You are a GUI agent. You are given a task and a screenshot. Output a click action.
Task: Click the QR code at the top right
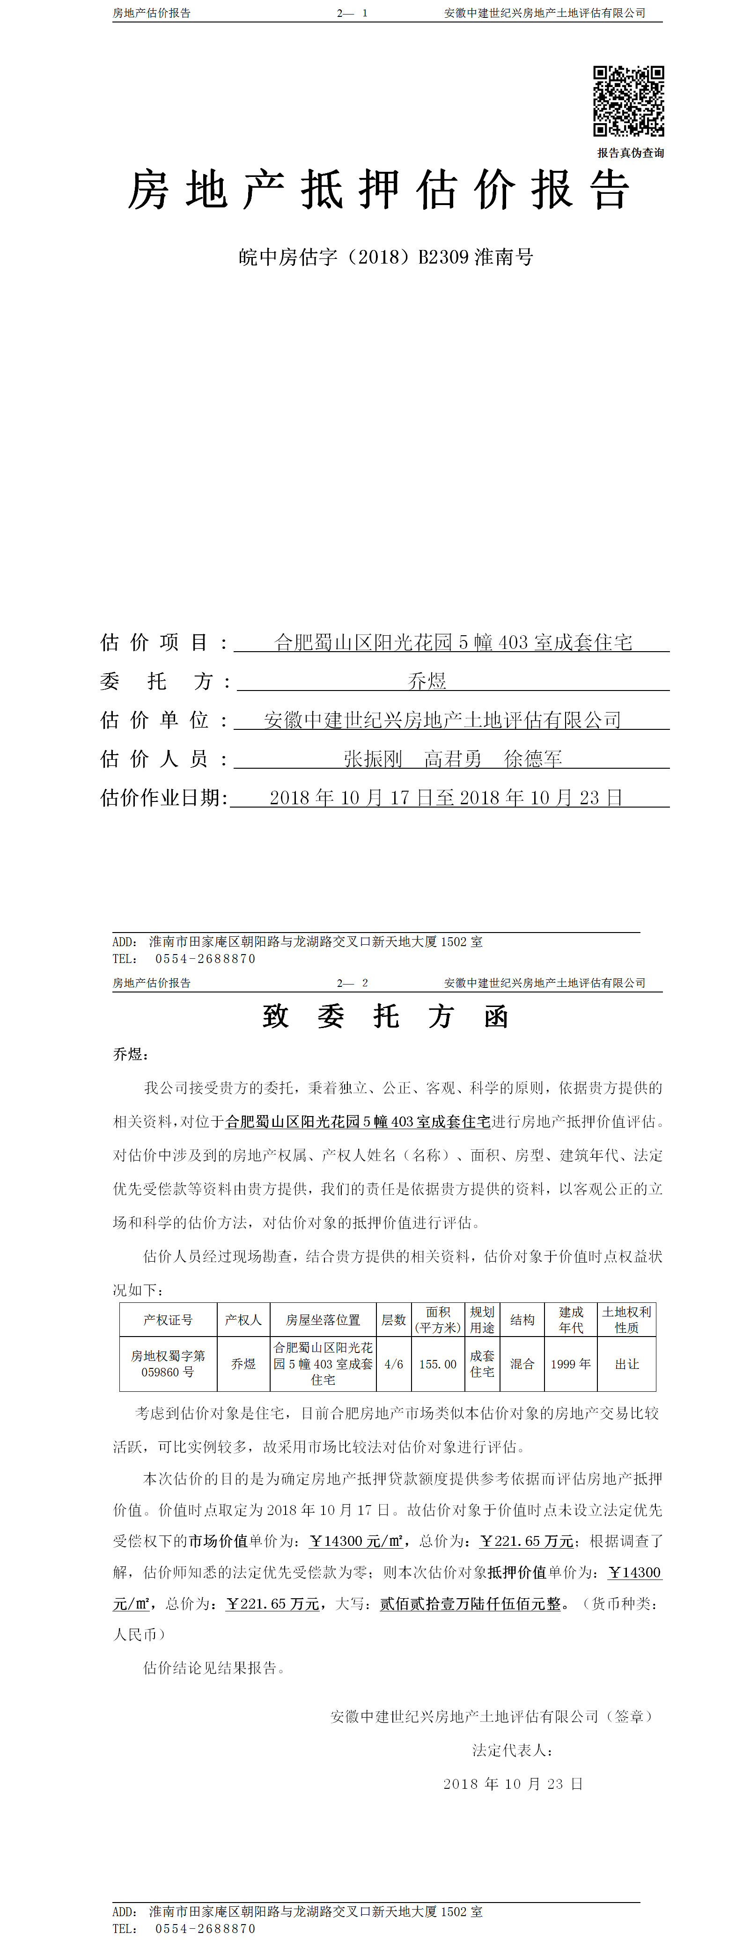[x=629, y=101]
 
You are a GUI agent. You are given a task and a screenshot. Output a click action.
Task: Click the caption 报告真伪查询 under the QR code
[x=630, y=153]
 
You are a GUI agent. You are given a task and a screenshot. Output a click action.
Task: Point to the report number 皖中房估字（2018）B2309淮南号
[x=385, y=257]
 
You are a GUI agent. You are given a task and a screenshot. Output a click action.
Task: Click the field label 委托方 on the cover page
[x=156, y=682]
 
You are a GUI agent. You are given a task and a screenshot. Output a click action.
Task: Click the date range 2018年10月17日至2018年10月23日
[x=446, y=798]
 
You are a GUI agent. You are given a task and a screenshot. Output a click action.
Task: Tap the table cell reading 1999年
[x=571, y=1364]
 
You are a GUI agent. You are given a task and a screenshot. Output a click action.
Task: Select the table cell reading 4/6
[x=394, y=1364]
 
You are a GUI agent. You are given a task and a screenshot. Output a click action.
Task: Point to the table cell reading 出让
[x=626, y=1364]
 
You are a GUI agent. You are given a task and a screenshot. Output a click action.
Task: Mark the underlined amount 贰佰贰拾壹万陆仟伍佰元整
[x=471, y=1604]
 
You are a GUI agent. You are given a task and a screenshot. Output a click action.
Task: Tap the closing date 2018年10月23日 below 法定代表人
[x=513, y=1783]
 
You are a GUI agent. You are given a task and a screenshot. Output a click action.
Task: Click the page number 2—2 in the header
[x=352, y=983]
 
